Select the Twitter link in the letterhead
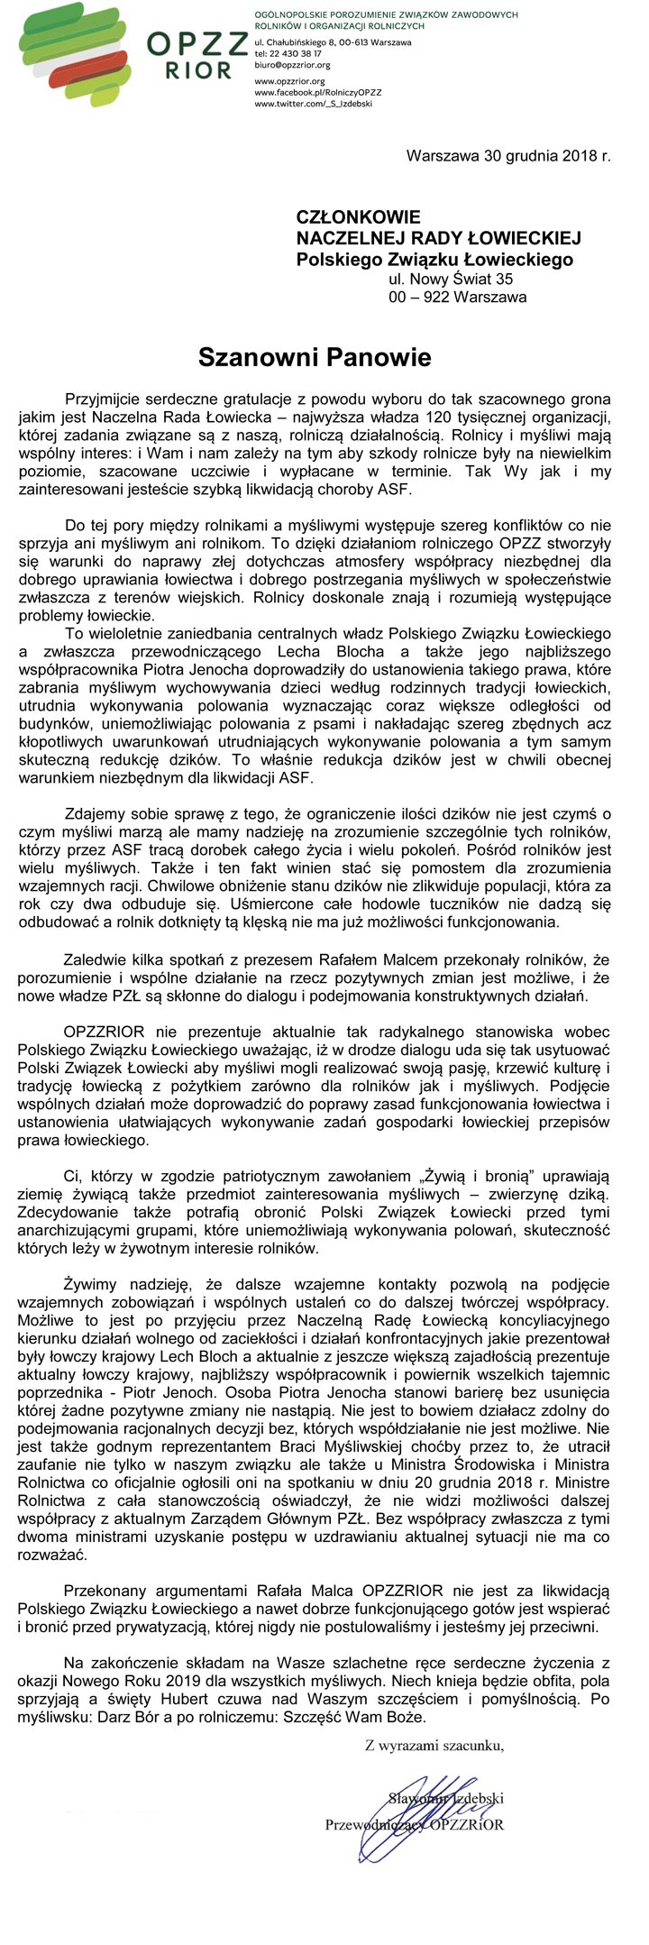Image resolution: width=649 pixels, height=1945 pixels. pos(313,104)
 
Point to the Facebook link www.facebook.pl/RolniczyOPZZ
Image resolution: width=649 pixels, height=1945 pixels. pos(318,92)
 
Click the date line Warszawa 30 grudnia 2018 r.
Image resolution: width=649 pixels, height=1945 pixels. pos(508,155)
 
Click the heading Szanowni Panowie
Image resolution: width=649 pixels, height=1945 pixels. pos(315,357)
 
